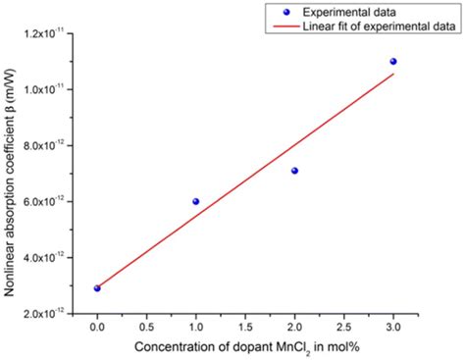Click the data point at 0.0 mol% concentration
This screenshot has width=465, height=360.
97,287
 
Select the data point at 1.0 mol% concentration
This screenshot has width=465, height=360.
195,201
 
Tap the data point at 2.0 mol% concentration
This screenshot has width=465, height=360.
294,171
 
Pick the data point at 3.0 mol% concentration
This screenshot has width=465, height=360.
393,62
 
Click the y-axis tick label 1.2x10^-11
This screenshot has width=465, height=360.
51,33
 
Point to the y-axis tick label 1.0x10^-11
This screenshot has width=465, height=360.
51,89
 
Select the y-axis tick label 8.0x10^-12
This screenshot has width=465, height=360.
51,145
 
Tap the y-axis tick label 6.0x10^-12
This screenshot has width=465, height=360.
51,201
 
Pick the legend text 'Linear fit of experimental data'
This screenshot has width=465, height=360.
379,26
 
